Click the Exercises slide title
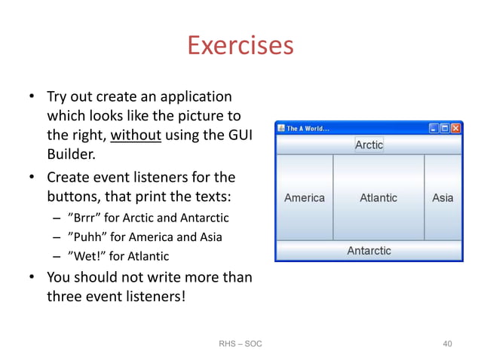pos(240,46)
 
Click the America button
pos(305,198)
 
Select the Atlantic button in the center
pos(378,198)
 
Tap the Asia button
pos(443,198)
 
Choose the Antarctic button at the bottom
pos(369,251)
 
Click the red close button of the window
pos(455,129)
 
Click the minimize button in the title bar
pos(434,129)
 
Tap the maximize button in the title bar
pos(444,129)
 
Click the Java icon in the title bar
pos(280,129)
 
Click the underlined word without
pos(135,136)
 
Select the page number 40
pos(447,344)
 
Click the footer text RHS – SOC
pos(240,344)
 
